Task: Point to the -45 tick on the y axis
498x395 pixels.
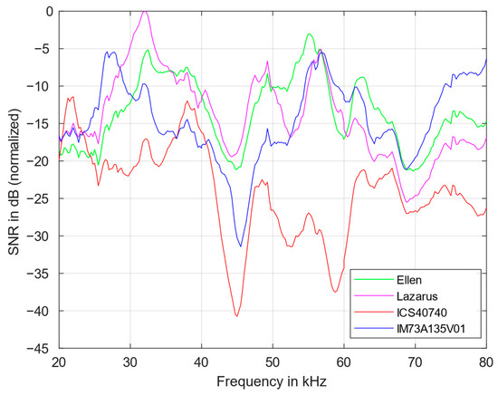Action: [43, 348]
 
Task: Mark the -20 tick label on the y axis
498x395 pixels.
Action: [43, 160]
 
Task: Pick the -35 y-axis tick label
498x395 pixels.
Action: [43, 273]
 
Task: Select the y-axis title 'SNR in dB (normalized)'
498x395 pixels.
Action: [14, 178]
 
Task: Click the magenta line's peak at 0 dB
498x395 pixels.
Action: [146, 12]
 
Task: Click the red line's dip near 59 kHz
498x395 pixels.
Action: [336, 292]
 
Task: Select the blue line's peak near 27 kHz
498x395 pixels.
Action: [109, 53]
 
